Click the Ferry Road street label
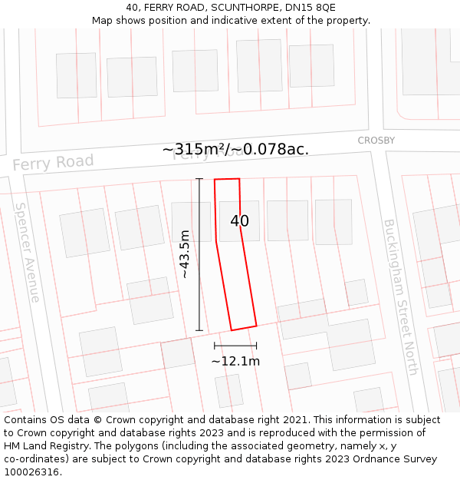pos(53,163)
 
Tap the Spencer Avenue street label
pos(28,252)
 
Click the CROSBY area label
pos(376,141)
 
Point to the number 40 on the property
pos(239,221)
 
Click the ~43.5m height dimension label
pos(185,253)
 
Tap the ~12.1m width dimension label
pos(235,361)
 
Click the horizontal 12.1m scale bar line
pos(235,346)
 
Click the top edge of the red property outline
pos(227,180)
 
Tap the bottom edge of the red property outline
pos(244,328)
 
